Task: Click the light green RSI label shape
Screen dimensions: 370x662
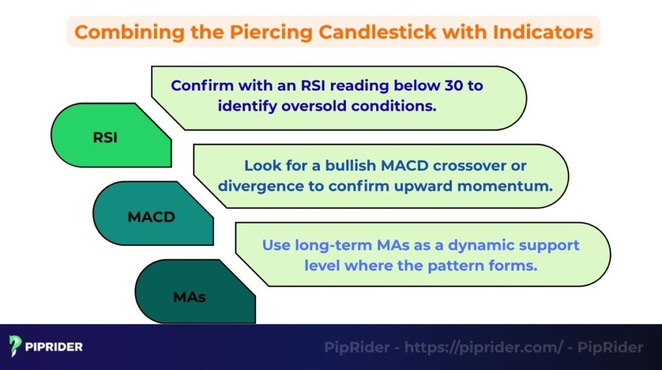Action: (x=107, y=136)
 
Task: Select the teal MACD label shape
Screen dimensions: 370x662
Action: (x=151, y=216)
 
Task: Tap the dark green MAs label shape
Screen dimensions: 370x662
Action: (x=191, y=296)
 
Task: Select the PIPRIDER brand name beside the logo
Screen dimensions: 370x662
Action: (x=54, y=347)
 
